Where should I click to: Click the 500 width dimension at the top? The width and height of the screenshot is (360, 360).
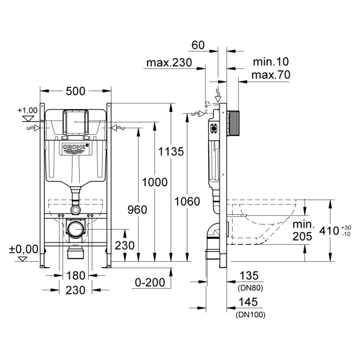75,90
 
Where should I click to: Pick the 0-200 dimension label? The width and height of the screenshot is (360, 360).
149,282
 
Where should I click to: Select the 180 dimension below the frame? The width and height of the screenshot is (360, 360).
75,275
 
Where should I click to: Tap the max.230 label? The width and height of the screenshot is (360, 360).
169,63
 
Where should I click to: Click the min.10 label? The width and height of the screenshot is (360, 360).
270,62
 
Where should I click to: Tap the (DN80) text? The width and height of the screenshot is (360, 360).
249,287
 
